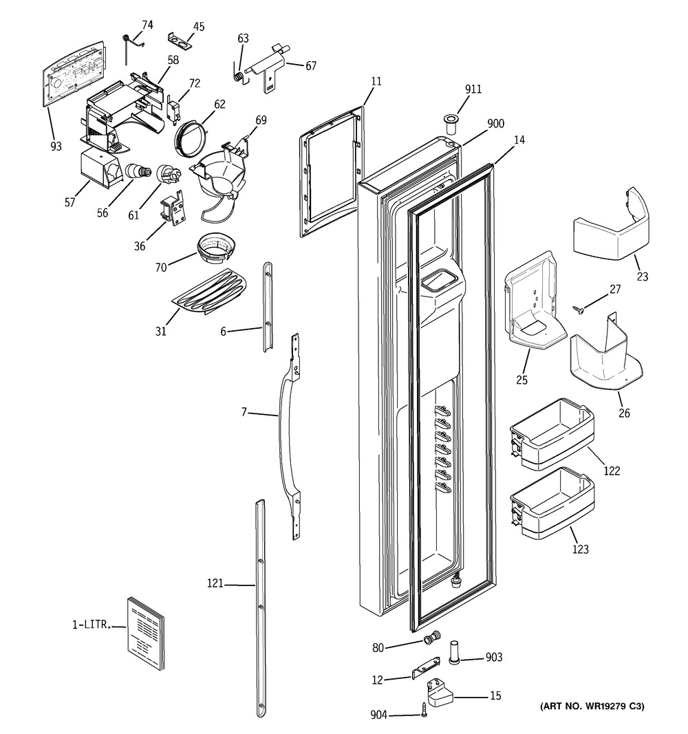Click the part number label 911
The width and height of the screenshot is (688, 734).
coord(473,89)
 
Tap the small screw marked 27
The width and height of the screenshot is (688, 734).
coord(579,310)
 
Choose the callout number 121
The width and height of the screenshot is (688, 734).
coord(215,583)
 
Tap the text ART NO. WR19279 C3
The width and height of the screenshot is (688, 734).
coord(592,705)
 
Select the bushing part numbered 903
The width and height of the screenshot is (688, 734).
coord(455,652)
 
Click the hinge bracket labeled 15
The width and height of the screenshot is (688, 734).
coord(440,693)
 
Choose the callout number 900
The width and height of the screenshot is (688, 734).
coord(495,123)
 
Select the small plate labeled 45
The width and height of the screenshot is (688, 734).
coord(180,41)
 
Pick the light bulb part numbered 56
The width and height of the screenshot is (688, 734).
coord(136,171)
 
